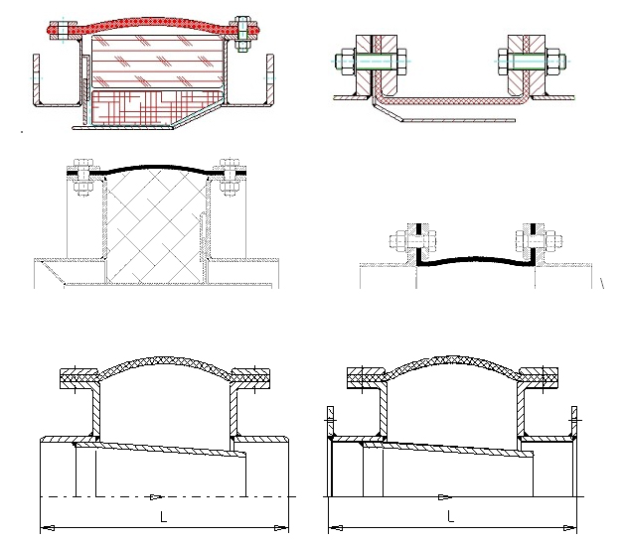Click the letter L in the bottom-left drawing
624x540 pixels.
[163, 516]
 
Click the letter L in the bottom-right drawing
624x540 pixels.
[450, 516]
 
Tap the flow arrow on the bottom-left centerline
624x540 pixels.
[156, 496]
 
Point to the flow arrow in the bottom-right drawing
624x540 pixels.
[445, 496]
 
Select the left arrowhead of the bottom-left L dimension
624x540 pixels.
[48, 528]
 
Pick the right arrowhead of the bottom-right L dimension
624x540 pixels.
[570, 528]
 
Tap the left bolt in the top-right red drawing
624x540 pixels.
[372, 62]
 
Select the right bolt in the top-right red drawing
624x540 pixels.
[532, 62]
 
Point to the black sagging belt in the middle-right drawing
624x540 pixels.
[476, 259]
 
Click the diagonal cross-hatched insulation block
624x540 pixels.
[155, 226]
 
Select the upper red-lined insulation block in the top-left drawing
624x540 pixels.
[157, 62]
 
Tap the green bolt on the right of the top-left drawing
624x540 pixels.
[242, 34]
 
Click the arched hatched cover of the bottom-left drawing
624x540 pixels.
[165, 361]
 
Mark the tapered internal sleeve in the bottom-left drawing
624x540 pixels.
[159, 449]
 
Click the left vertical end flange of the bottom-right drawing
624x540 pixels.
[330, 422]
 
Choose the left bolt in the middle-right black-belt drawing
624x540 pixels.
[412, 241]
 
